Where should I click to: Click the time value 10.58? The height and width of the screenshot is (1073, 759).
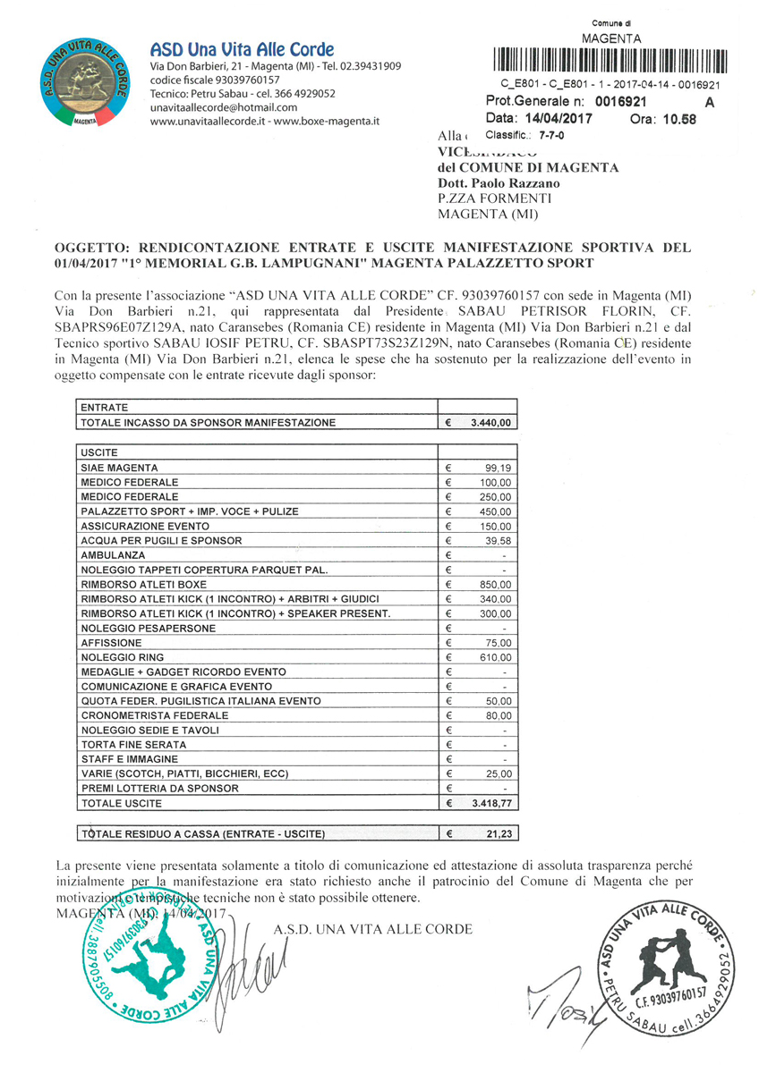[675, 119]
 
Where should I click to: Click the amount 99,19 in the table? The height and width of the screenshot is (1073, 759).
[497, 468]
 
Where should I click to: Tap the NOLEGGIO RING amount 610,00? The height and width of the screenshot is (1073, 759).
[494, 657]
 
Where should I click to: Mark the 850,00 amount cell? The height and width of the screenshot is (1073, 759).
[494, 584]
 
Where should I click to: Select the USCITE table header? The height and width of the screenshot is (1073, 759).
[99, 452]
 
